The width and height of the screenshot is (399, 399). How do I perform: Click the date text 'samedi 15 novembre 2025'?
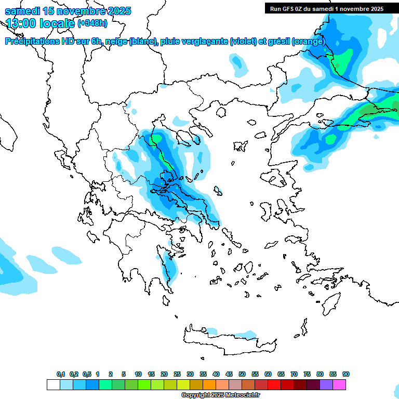pos(68,11)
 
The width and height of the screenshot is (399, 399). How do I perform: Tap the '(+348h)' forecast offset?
pos(92,23)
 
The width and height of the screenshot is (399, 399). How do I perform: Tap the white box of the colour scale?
pos(53,384)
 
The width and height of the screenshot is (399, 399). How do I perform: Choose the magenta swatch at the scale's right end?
pos(340,384)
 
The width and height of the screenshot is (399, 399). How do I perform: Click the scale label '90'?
pos(346,374)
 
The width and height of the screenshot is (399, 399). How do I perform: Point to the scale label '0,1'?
pos(61,374)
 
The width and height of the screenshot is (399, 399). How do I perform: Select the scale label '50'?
pos(242,374)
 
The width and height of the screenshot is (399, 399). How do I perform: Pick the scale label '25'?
pos(177,374)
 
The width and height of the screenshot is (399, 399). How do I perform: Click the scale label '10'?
pos(138,374)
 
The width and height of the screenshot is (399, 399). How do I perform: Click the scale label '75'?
pos(307,374)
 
